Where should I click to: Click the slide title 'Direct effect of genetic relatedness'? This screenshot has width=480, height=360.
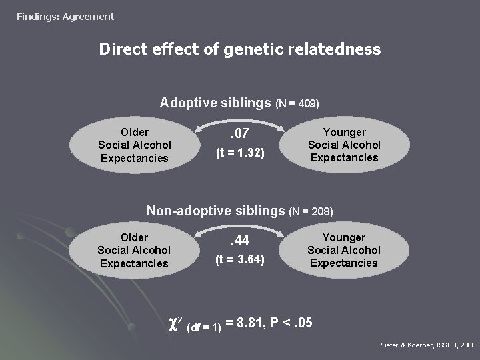[240, 49]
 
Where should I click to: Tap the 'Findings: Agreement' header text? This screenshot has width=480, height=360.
[65, 16]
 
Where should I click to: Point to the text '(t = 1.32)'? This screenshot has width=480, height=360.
[240, 154]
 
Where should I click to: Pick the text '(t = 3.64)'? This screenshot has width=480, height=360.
[240, 259]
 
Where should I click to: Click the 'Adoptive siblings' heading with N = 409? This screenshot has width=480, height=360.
[215, 103]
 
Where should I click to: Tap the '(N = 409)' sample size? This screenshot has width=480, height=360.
[297, 104]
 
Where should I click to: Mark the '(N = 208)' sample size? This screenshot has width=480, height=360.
[311, 212]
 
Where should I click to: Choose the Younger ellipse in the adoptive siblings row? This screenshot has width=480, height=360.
[344, 145]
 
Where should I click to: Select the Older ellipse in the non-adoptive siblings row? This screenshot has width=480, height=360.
[134, 250]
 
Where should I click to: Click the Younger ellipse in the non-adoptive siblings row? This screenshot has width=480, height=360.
[343, 250]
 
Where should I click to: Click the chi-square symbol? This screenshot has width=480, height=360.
[175, 323]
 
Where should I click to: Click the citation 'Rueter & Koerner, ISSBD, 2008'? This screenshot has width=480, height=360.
[427, 345]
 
